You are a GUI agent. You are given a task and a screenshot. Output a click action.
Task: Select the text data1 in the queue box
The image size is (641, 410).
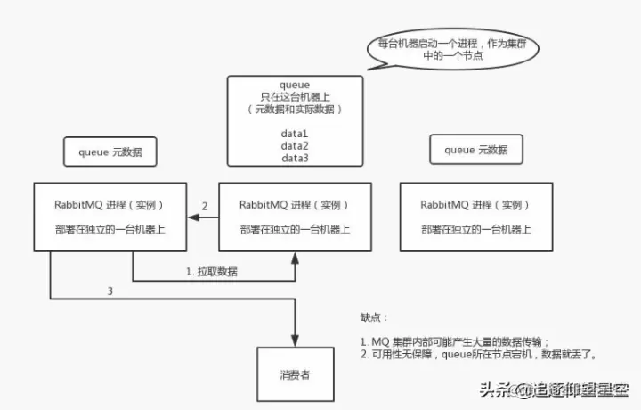coord(295,132)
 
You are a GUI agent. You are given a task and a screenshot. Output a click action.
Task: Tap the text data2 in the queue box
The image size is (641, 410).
coord(295,144)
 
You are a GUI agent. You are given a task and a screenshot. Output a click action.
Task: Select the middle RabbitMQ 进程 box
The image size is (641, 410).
coord(295,217)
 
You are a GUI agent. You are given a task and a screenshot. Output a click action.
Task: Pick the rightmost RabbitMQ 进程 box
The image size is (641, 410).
coord(477,217)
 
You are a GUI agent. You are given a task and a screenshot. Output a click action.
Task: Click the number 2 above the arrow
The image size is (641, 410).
coord(205,207)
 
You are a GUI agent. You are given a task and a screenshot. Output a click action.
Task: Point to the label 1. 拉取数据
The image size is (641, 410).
coord(211,270)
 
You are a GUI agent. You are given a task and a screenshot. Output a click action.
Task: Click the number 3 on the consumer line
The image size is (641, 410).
coord(110,291)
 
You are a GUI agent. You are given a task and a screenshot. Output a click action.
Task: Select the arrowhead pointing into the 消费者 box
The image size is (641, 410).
coord(295,338)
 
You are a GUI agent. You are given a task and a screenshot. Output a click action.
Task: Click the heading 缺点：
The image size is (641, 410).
coord(374,316)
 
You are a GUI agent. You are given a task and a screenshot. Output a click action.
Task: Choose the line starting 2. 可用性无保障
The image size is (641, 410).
coord(478,354)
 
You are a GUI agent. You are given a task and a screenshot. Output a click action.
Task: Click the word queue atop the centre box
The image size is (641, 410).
coord(295,85)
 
